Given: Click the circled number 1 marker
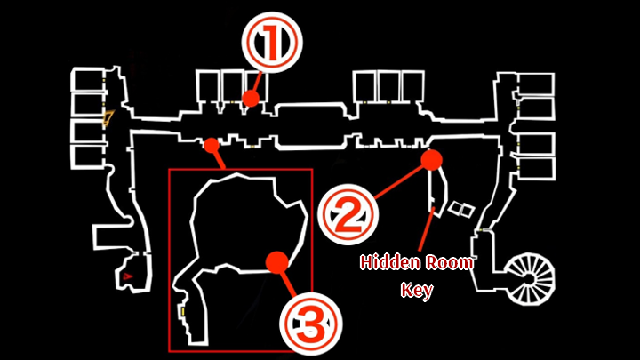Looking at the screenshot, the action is pyautogui.click(x=272, y=43).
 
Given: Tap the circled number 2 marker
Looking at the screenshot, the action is pyautogui.click(x=348, y=214).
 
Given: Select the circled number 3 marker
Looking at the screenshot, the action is pyautogui.click(x=310, y=324).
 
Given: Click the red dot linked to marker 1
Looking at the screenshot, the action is pyautogui.click(x=251, y=99).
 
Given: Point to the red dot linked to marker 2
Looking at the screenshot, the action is pyautogui.click(x=431, y=160).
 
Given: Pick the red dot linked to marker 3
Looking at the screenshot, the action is pyautogui.click(x=277, y=262).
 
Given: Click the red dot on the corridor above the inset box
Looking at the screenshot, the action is pyautogui.click(x=212, y=145).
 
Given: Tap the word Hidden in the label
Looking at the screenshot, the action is pyautogui.click(x=385, y=262).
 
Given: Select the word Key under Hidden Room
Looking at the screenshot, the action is pyautogui.click(x=417, y=290).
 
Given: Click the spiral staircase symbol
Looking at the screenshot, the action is pyautogui.click(x=530, y=279).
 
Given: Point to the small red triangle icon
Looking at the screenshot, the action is pyautogui.click(x=127, y=276).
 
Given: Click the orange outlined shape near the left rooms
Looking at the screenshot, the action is pyautogui.click(x=108, y=117).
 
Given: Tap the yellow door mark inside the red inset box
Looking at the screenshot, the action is pyautogui.click(x=183, y=312).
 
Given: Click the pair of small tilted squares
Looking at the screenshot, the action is pyautogui.click(x=461, y=209).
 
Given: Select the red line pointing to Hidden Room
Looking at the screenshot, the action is pyautogui.click(x=427, y=229).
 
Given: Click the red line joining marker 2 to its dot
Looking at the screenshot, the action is pyautogui.click(x=398, y=182).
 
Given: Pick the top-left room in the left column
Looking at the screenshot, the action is pyautogui.click(x=87, y=80).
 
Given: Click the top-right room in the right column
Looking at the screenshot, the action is pyautogui.click(x=536, y=84).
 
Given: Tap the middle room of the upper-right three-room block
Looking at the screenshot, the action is pyautogui.click(x=388, y=85).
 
